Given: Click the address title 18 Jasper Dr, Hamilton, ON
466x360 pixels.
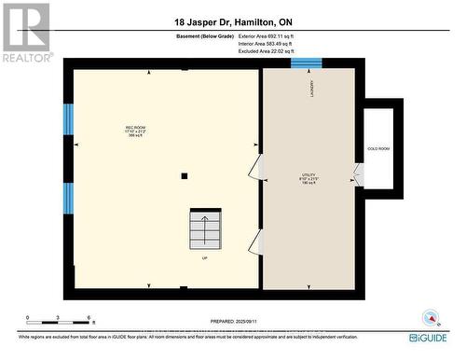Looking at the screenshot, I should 233,21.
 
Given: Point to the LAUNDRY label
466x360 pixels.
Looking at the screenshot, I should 311,89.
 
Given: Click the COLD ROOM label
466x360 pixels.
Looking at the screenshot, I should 378,149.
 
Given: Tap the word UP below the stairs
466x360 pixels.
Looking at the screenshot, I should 204,258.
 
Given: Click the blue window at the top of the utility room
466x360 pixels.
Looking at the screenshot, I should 307,62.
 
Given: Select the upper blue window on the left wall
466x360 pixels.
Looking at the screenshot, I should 67,118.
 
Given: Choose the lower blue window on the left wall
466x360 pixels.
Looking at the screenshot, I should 67,198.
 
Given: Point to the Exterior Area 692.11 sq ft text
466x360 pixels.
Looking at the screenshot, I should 272,35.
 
